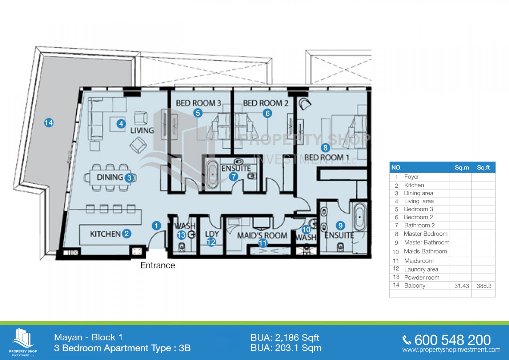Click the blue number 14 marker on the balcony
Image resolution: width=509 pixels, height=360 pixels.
click(x=49, y=123)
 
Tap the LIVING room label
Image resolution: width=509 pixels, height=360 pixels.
click(x=142, y=130)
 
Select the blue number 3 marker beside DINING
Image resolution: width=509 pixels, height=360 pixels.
click(x=129, y=178)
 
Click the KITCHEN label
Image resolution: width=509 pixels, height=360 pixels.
click(x=105, y=234)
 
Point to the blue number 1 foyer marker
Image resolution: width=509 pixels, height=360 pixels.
click(x=156, y=226)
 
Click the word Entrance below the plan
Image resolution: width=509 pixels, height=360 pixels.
click(x=158, y=265)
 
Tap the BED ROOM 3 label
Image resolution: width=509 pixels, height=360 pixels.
click(x=199, y=103)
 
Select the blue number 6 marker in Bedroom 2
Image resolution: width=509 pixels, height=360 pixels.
click(x=267, y=113)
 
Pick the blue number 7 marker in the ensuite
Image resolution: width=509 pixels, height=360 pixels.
click(x=233, y=177)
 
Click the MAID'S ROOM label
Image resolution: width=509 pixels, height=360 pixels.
click(x=262, y=235)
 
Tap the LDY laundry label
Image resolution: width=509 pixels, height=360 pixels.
click(x=212, y=234)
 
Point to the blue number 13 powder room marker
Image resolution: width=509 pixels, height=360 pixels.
click(x=181, y=235)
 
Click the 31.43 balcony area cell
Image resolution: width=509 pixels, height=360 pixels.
click(x=462, y=286)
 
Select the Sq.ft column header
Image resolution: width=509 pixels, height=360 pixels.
click(x=483, y=168)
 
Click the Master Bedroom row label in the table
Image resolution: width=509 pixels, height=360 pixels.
click(x=426, y=234)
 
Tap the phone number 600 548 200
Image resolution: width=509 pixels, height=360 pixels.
click(x=452, y=340)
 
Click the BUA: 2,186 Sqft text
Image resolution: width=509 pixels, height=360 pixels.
click(x=285, y=338)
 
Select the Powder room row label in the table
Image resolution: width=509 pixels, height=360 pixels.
click(x=422, y=277)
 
